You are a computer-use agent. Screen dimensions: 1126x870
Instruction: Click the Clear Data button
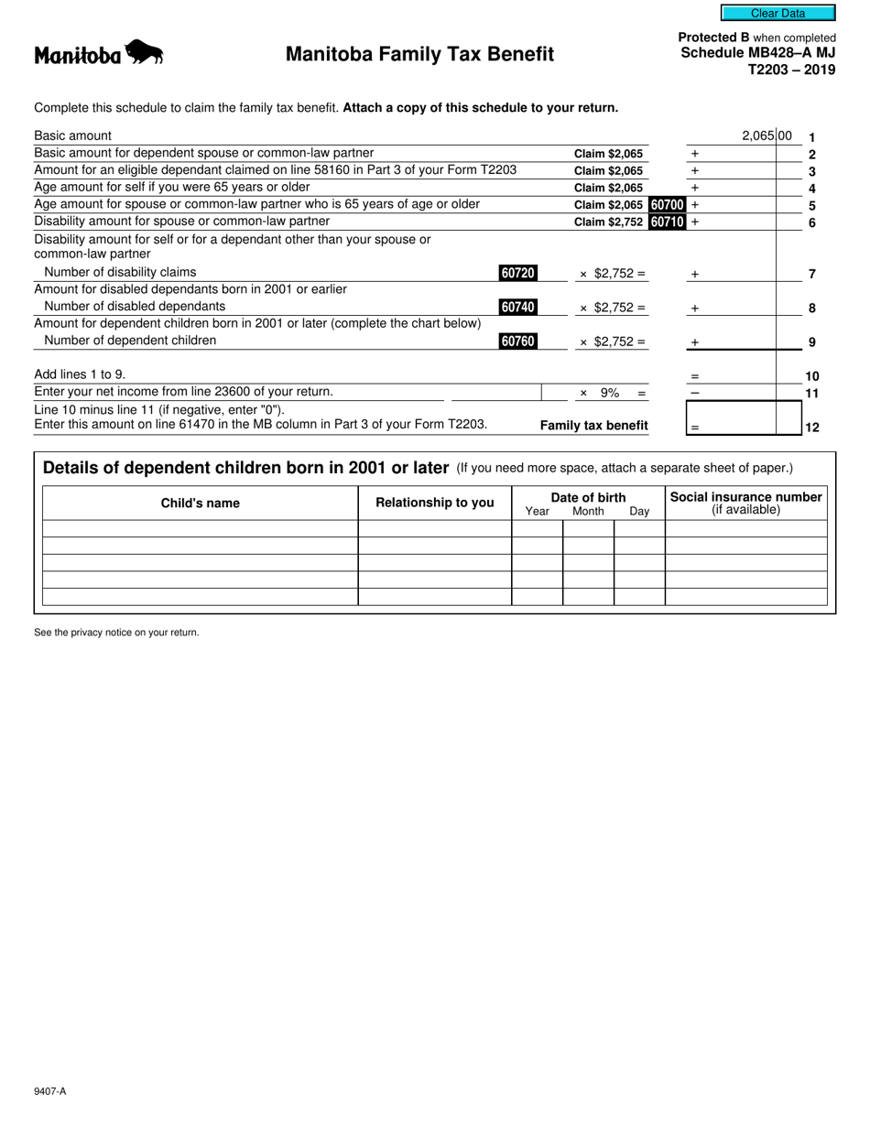778,13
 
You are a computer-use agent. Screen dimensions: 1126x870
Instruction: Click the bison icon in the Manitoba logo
144,53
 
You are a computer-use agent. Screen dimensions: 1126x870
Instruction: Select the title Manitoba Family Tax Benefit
419,54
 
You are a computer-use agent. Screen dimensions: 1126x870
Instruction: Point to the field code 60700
667,205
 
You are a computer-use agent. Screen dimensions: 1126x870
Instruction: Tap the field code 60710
667,222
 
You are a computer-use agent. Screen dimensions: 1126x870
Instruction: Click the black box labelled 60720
517,273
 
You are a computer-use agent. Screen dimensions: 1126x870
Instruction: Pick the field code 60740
517,308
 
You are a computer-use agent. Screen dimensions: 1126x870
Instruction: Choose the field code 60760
517,341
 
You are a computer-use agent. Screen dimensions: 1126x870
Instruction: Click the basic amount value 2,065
758,136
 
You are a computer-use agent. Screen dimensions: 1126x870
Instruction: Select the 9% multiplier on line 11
610,394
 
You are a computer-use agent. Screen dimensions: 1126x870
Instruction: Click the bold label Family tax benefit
593,426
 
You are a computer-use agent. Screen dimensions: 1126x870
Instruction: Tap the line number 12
811,428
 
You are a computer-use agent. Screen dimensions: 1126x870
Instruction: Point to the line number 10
811,376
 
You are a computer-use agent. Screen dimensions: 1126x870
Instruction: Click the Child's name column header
200,503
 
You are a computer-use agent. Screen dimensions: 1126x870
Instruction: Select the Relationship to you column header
434,503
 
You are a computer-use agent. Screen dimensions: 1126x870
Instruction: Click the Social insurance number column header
745,497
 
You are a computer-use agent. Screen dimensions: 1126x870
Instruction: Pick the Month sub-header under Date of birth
588,512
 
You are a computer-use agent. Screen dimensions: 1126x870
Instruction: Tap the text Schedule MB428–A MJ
757,53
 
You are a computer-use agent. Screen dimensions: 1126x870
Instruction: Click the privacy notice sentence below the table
116,633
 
